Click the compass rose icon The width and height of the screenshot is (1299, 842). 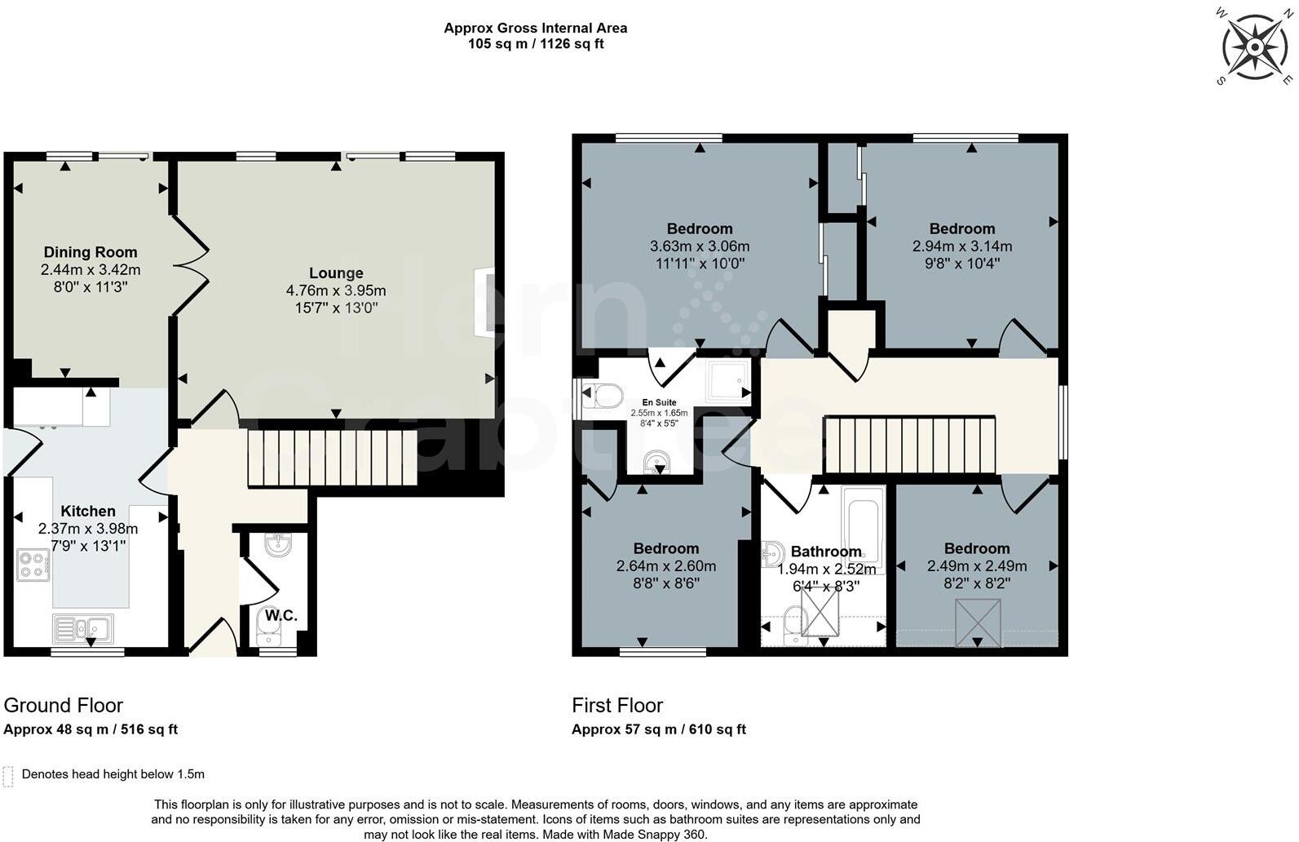(x=1254, y=47)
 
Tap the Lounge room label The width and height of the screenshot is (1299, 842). (x=336, y=273)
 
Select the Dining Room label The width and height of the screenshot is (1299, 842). (x=91, y=252)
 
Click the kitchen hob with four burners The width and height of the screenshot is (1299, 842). (x=33, y=565)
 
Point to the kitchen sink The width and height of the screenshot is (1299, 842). (x=83, y=628)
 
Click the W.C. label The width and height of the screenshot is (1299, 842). (x=281, y=615)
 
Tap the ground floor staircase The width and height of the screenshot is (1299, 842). (x=332, y=458)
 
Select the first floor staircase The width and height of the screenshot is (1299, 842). (x=910, y=445)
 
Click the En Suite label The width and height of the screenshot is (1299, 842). (x=659, y=402)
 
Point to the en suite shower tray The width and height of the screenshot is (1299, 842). (x=726, y=381)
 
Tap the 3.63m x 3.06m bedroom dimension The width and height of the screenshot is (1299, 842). (x=700, y=246)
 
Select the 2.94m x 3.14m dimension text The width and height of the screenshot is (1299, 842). (x=962, y=246)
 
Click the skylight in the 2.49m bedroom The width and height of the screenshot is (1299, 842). (x=978, y=623)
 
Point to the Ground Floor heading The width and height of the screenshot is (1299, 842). (x=64, y=705)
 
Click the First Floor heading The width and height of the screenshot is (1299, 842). (x=617, y=705)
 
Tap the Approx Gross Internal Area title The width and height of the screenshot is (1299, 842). (x=535, y=28)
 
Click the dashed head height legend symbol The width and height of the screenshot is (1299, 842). (x=8, y=776)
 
